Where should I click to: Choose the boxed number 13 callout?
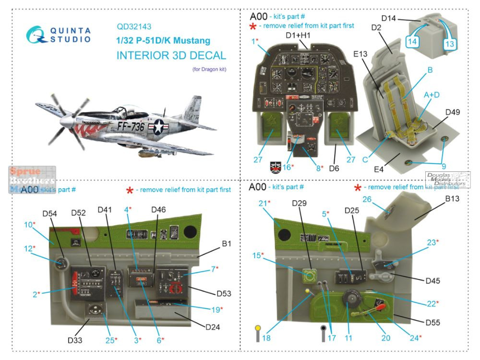coord(449,44)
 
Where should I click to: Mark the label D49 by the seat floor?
coord(453,113)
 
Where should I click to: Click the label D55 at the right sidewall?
coord(432,323)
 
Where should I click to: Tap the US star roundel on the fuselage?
coord(158,127)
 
